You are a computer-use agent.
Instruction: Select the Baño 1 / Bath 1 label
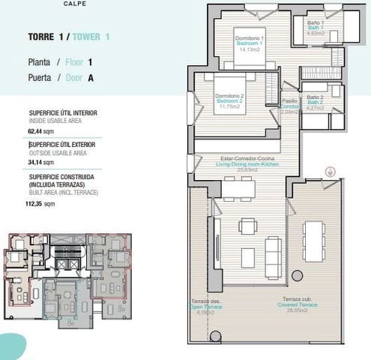tap(315, 28)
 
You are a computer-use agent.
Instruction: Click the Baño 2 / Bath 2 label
tap(315, 101)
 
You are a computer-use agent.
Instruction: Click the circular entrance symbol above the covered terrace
tap(329, 171)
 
